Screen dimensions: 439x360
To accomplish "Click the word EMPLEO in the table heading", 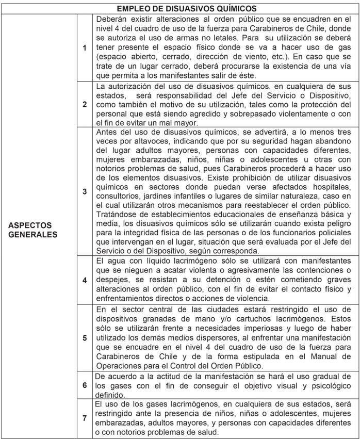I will tap(133, 8).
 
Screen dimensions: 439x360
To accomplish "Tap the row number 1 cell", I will tap(85, 48).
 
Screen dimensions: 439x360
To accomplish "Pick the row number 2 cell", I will tap(85, 104).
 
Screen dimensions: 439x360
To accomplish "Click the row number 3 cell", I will tap(85, 191).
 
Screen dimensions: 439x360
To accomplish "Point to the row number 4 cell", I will tap(85, 281).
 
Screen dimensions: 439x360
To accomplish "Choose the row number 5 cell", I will tap(85, 338).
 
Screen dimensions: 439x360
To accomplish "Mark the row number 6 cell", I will tap(85, 384).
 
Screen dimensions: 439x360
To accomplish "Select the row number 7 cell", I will tap(85, 418).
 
